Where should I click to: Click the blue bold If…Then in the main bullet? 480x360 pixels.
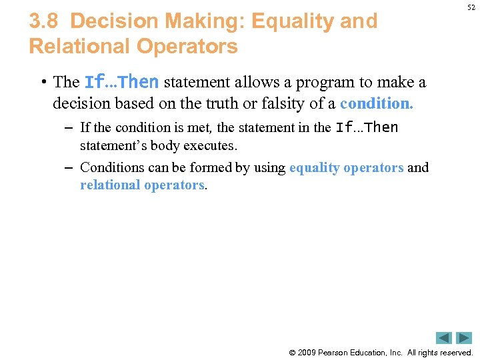coord(121,82)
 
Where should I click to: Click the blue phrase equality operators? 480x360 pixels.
coord(346,167)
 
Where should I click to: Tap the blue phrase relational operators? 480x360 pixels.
coord(142,185)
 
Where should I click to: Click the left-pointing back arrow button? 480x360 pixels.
coord(444,338)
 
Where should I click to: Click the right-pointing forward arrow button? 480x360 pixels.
coord(463,338)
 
